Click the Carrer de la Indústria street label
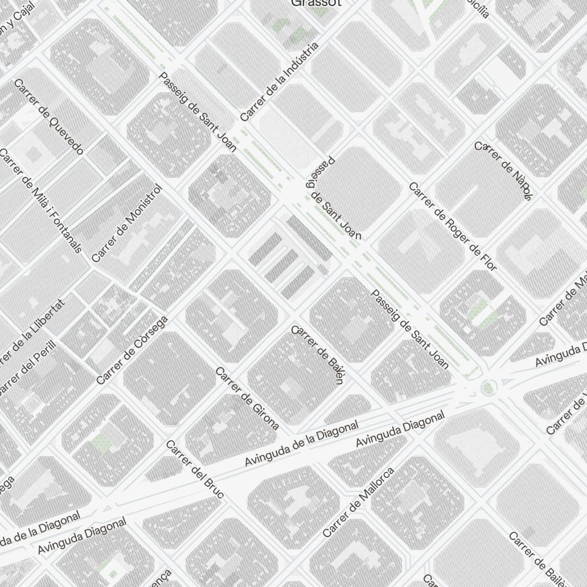click(x=279, y=82)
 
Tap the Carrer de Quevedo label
click(x=49, y=116)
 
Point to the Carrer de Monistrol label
click(x=126, y=224)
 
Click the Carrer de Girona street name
click(x=247, y=399)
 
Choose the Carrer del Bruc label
click(x=195, y=469)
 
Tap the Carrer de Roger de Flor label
click(x=453, y=227)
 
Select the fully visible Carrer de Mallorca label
click(x=359, y=502)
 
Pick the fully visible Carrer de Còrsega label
click(x=132, y=350)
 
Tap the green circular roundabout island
click(x=487, y=387)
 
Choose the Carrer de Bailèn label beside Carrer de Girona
click(x=317, y=355)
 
